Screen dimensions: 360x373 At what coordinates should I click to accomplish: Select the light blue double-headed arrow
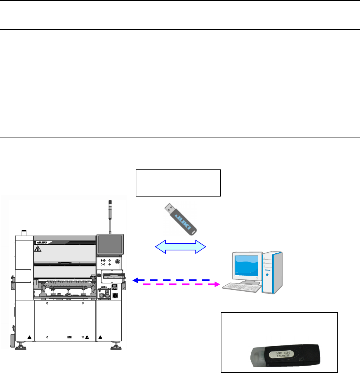point(180,246)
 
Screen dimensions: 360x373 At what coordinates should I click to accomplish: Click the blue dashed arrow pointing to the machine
point(171,280)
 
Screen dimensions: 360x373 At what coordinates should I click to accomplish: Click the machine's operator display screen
point(109,243)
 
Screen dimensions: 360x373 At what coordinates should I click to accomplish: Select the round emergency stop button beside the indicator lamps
point(117,262)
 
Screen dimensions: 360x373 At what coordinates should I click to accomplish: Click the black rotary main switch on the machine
point(116,296)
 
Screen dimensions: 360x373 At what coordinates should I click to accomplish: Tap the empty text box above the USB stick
point(178,182)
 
